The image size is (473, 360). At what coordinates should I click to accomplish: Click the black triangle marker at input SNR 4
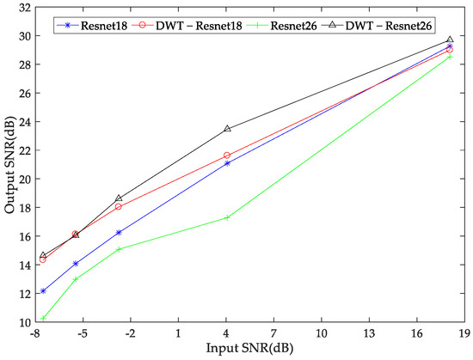coord(227,129)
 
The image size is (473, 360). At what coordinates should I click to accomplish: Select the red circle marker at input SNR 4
coord(227,156)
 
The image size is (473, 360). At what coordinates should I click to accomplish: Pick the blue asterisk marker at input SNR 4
coord(227,163)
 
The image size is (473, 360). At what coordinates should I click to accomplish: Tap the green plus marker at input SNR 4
coord(227,217)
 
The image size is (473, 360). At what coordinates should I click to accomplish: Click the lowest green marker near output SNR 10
coord(43,318)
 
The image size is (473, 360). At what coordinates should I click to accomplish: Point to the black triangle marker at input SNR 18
coord(450,40)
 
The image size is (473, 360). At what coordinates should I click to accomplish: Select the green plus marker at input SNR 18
coord(450,57)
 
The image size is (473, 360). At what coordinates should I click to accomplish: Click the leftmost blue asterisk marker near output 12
coord(43,291)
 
